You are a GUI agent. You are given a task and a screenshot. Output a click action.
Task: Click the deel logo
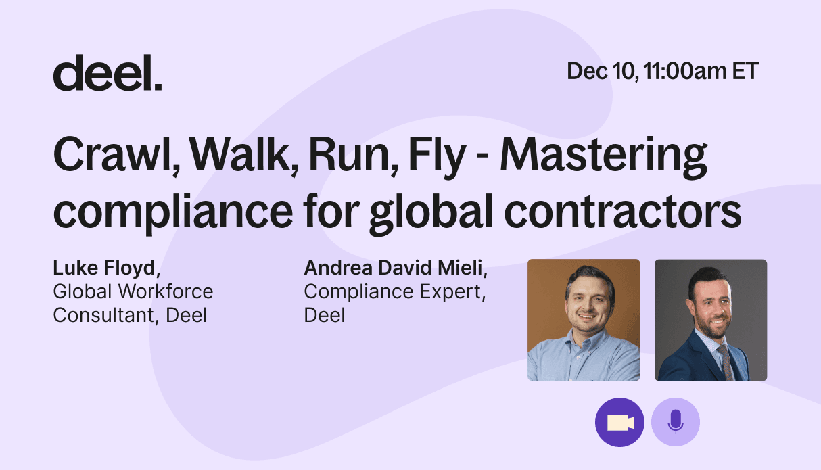pos(108,72)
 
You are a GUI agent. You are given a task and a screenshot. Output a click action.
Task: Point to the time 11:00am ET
pos(701,71)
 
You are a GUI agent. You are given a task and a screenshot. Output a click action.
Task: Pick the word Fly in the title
pos(437,157)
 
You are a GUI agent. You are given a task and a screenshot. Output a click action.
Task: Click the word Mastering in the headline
pos(603,157)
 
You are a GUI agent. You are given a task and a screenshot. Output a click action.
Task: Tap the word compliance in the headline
pos(172,214)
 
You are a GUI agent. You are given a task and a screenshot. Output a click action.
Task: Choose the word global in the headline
pos(431,214)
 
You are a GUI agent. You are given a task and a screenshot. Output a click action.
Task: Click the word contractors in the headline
pos(622,212)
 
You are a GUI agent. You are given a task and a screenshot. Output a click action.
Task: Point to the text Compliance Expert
pos(392,292)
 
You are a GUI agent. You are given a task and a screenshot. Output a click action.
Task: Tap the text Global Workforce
pos(133,292)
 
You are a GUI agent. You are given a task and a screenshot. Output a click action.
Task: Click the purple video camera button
pos(619,423)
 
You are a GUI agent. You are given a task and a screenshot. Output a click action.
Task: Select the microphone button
pos(676,423)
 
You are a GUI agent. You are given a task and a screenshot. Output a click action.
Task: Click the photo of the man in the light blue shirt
pos(584,320)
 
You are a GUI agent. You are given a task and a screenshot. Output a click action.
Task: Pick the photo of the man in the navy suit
pos(711,320)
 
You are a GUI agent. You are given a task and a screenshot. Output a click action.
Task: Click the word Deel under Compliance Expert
pos(325,315)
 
